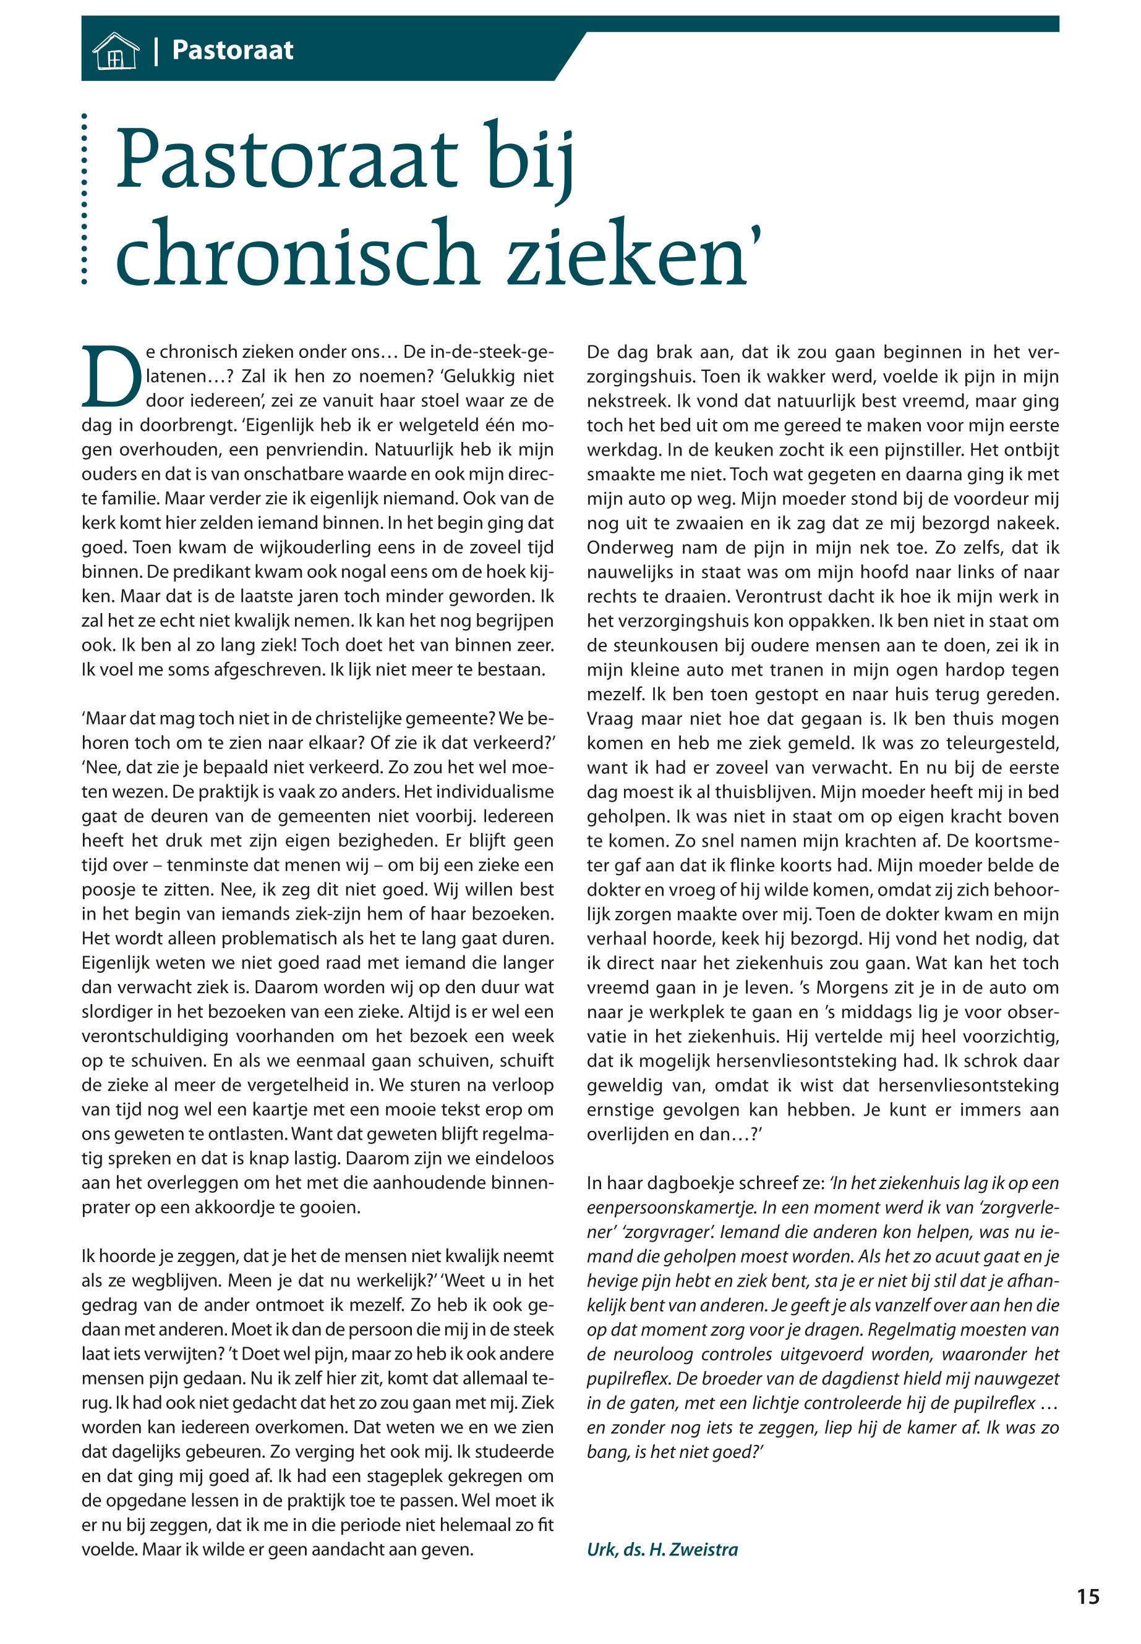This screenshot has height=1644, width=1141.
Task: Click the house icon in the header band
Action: click(114, 51)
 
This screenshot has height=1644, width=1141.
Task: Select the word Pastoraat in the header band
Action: click(233, 50)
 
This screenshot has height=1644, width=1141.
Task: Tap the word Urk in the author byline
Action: click(601, 1549)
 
